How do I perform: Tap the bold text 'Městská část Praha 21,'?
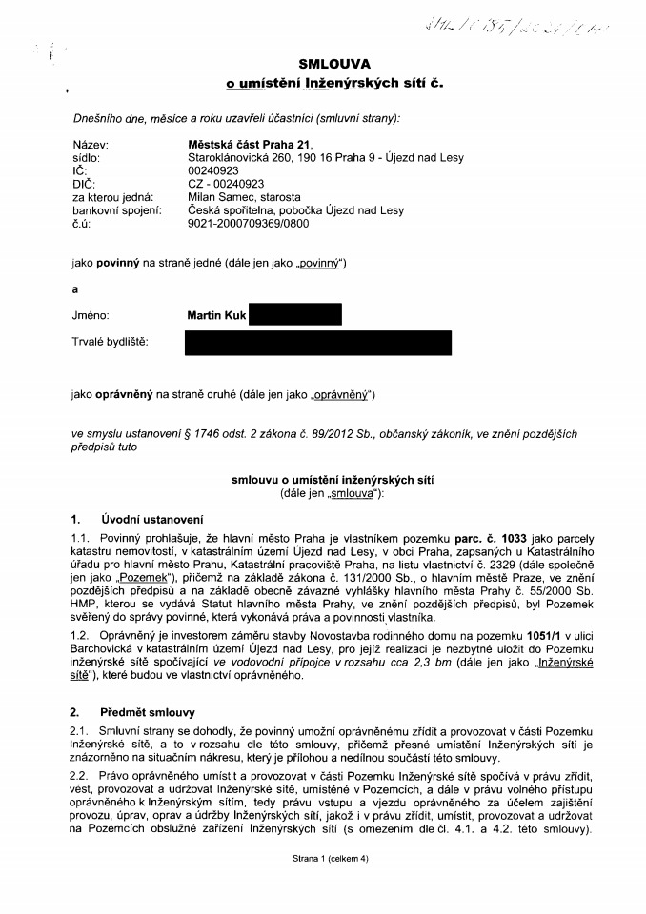coord(245,143)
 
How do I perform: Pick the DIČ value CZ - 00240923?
coord(226,183)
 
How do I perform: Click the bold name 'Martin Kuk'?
coord(217,313)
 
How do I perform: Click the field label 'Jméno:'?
coord(91,313)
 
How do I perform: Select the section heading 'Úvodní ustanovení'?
coord(151,519)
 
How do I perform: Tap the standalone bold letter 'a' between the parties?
coord(75,287)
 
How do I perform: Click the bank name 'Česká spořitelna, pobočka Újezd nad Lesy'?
coord(296,209)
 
